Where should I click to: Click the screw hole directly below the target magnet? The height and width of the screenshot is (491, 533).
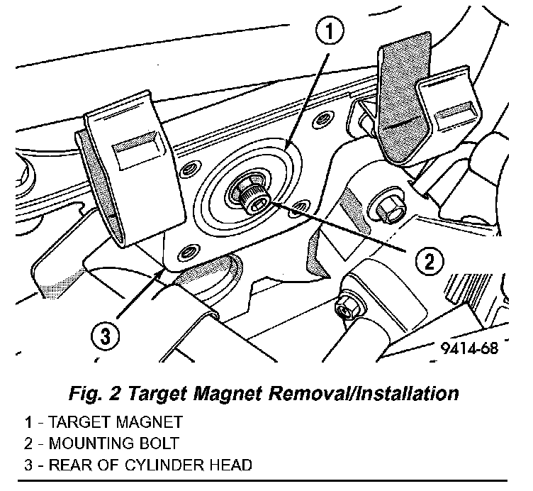tap(189, 250)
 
